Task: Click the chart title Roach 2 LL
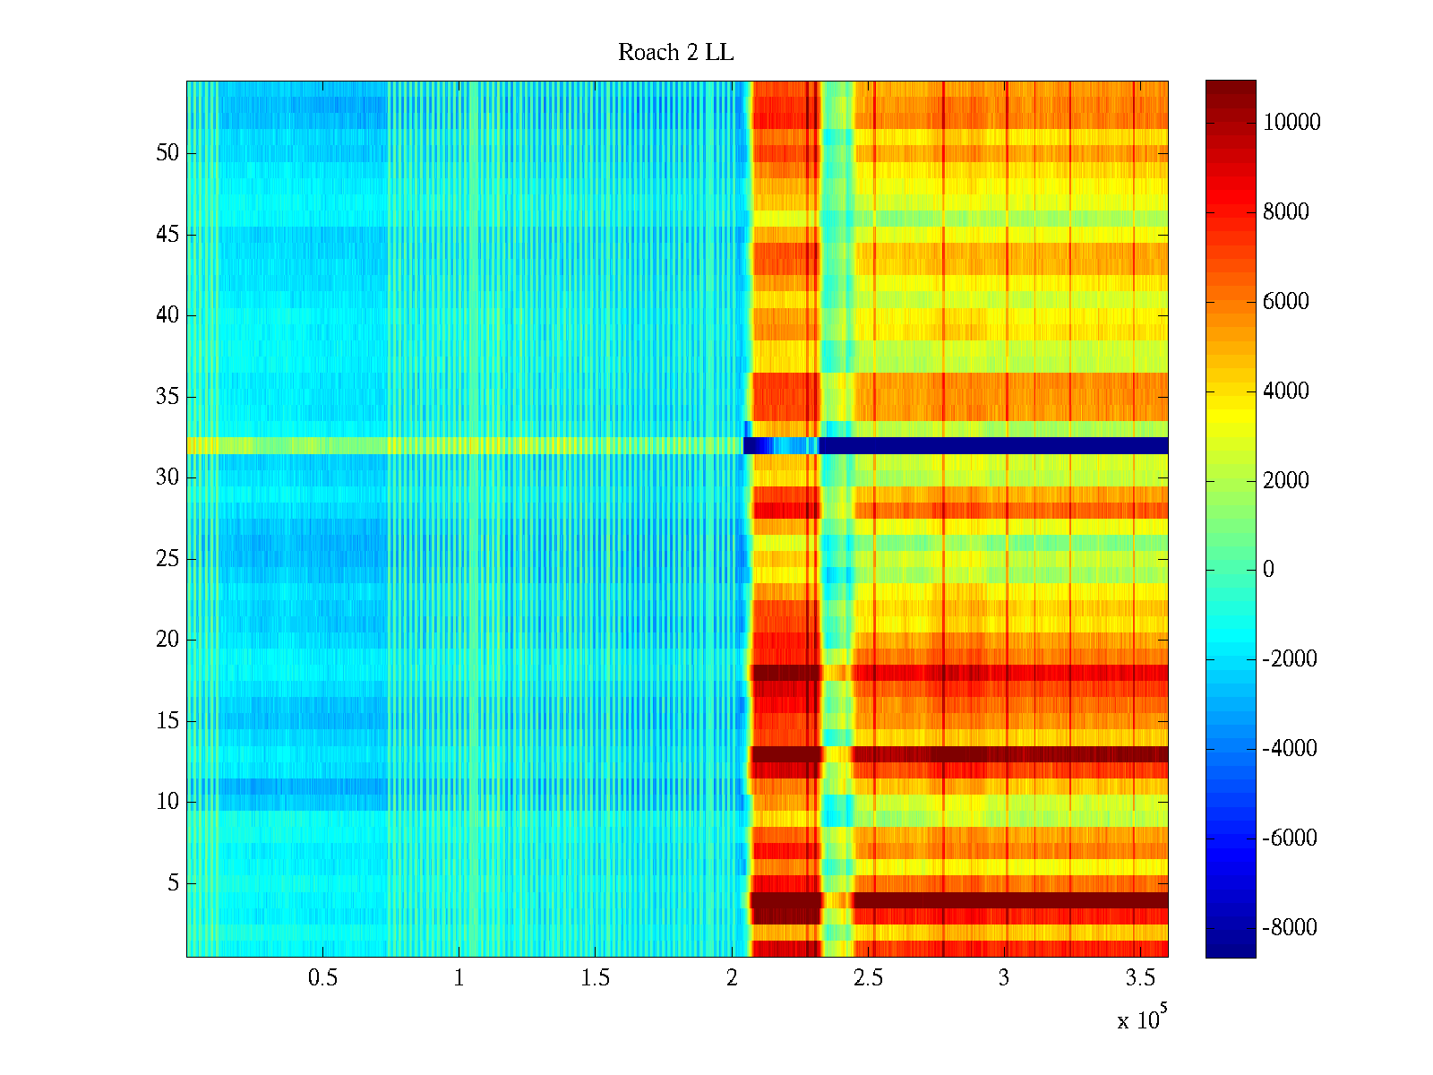675,53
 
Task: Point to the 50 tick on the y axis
167,153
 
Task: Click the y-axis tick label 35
167,397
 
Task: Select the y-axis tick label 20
167,640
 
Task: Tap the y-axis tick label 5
173,883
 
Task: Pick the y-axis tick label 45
167,235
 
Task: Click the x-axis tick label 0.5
322,978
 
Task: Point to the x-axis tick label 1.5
595,978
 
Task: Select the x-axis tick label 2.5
867,978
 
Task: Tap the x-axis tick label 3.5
1139,978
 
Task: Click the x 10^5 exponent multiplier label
1141,1019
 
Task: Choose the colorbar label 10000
1291,123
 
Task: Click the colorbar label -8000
1290,928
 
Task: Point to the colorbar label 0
1268,570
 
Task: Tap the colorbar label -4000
1290,749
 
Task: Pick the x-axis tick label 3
1003,978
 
